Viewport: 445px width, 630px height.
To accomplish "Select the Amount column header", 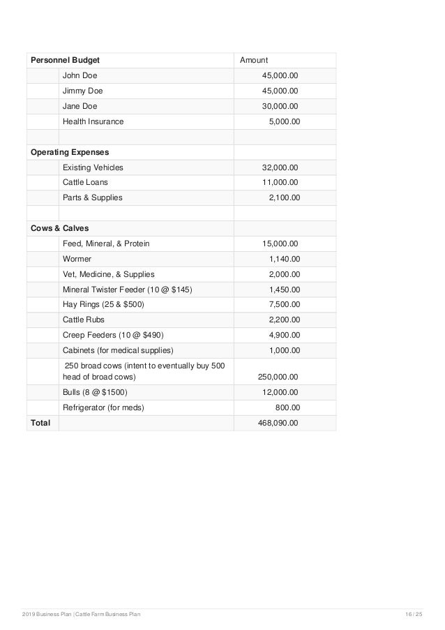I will point(254,61).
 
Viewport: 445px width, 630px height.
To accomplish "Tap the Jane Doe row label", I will point(80,106).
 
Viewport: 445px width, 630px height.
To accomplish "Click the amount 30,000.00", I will point(279,106).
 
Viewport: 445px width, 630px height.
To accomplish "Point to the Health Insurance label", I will point(93,121).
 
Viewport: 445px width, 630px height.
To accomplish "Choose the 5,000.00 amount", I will point(284,121).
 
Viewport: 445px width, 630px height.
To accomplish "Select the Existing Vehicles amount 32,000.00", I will point(279,167).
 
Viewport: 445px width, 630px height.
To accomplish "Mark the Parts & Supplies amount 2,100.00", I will point(284,197).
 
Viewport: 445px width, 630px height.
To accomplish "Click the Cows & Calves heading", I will point(59,228).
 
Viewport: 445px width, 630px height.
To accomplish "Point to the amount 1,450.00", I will point(284,289).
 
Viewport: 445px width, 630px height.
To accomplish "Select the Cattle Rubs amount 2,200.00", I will point(284,320).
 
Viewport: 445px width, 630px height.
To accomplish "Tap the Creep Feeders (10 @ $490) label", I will point(112,335).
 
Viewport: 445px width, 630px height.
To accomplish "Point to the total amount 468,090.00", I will point(278,423).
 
